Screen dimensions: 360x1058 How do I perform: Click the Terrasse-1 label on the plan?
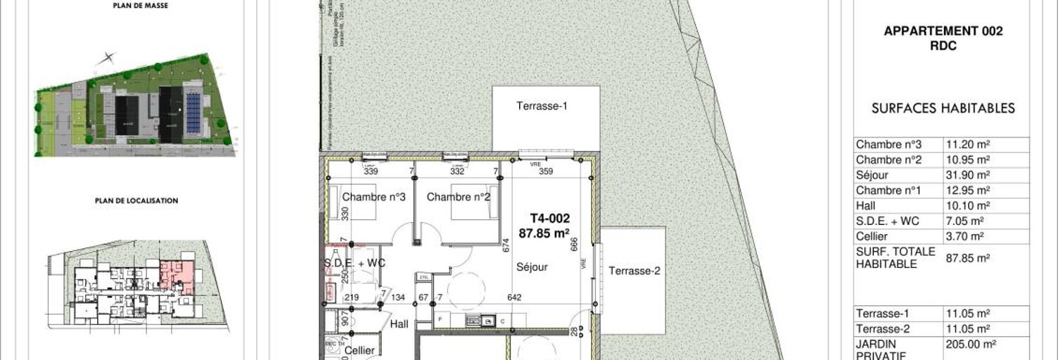click(x=542, y=107)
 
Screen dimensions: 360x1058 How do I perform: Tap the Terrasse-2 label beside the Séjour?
click(x=635, y=271)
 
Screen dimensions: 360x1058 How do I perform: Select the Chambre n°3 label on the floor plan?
click(x=374, y=197)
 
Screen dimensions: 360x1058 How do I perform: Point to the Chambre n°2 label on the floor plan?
click(x=458, y=197)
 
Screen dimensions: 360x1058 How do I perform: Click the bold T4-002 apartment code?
click(x=549, y=219)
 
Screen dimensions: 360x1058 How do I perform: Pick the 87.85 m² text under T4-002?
click(x=544, y=234)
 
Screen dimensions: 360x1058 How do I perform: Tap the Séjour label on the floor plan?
click(x=532, y=267)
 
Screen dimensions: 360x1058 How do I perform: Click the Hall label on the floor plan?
click(x=400, y=324)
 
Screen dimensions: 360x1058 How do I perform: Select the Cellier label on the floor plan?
click(x=359, y=350)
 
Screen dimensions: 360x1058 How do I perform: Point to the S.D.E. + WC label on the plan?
click(x=355, y=263)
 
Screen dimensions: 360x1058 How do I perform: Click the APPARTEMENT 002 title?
click(x=943, y=31)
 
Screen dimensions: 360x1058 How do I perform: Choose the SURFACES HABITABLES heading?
click(x=943, y=108)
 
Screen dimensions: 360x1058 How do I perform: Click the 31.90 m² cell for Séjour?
click(x=968, y=175)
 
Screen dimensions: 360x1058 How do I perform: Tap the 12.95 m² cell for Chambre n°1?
click(x=968, y=191)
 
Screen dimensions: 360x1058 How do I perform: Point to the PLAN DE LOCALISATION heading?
click(x=136, y=200)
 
